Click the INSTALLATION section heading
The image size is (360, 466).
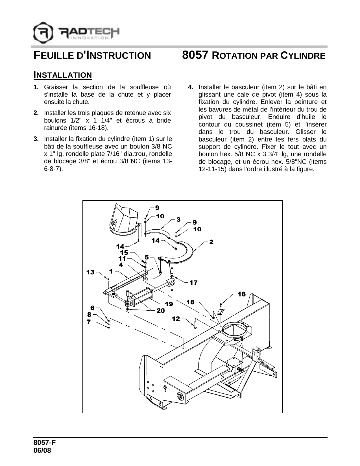(x=62, y=75)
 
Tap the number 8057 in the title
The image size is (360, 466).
(x=195, y=55)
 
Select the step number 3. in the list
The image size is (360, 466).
(x=36, y=139)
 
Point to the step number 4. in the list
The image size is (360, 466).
(x=191, y=87)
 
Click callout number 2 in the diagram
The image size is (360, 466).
(x=211, y=242)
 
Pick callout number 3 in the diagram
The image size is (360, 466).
(x=178, y=219)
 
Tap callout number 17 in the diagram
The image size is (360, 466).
(x=193, y=282)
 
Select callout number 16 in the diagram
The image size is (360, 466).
(x=241, y=294)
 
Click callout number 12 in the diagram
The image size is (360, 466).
(x=176, y=319)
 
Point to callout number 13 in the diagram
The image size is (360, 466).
(x=90, y=272)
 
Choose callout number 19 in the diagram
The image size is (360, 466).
(x=169, y=304)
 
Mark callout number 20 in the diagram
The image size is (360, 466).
(x=160, y=310)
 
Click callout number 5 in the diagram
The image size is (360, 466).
(x=147, y=257)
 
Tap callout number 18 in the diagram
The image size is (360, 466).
(x=191, y=302)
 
